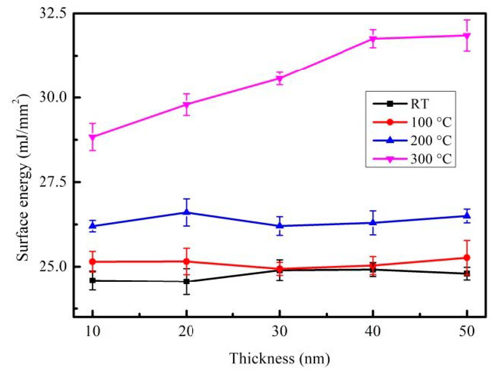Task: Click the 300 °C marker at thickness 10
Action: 93,137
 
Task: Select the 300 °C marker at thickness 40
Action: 373,39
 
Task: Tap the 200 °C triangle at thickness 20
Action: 187,212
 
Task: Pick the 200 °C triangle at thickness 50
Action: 467,216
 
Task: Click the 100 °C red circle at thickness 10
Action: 93,262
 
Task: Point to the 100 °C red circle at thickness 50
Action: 467,258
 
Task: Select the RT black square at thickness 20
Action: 187,281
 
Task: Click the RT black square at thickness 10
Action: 93,281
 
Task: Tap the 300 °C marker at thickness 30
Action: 280,79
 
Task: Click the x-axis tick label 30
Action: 280,331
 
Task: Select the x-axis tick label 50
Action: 467,331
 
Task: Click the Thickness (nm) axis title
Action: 280,358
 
